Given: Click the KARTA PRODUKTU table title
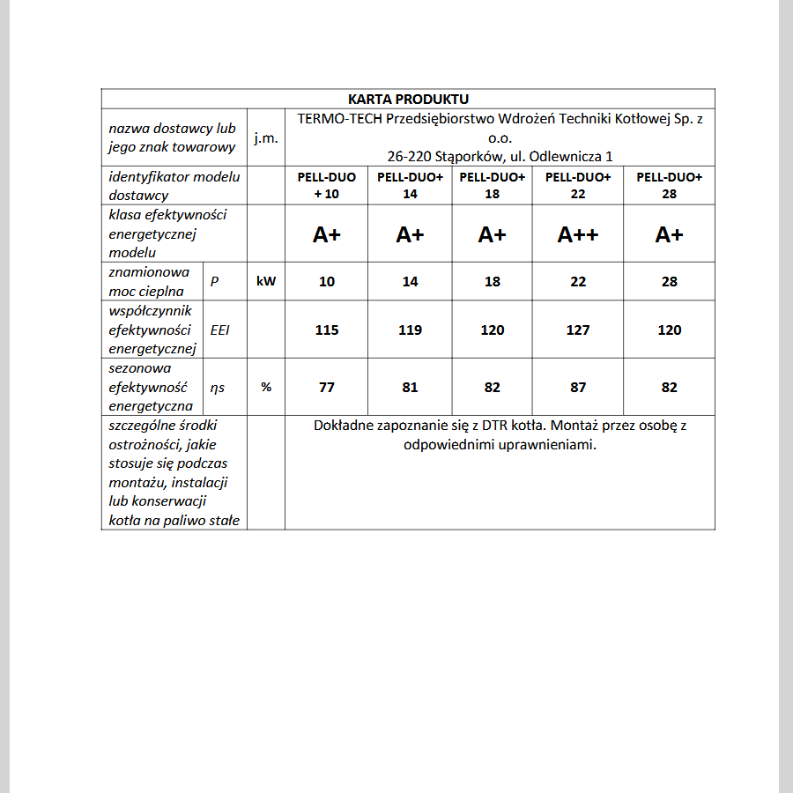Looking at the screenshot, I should pos(408,99).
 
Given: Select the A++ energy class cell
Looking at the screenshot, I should pos(578,234).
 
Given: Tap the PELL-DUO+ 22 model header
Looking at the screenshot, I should pos(578,186).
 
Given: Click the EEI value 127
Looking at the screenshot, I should pos(578,330).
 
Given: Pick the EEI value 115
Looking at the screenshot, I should pos(327,330).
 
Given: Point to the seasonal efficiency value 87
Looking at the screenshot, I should pos(578,387).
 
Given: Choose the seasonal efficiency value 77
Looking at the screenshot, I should pos(327,387).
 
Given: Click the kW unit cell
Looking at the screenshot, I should pos(266,282).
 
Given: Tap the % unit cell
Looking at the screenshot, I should pos(266,387).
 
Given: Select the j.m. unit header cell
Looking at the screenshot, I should pos(266,138).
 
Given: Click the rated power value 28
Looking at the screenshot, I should pos(670,282).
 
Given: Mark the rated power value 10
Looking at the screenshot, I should pos(327,282).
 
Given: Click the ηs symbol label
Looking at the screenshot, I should pos(217,387).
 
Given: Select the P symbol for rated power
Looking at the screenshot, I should pos(215,282).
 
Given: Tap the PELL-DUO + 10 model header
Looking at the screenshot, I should pos(327,186).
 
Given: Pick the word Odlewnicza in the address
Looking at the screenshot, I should pos(566,157).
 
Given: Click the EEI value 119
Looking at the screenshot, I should pos(410,330).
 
